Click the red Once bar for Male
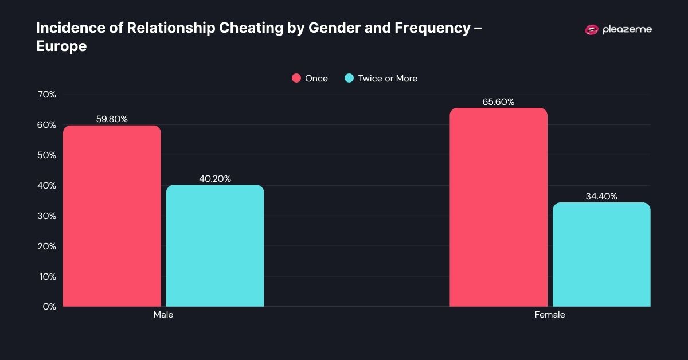click(112, 216)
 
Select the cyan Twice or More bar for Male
click(215, 246)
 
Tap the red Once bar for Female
click(498, 207)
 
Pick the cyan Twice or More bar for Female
click(601, 255)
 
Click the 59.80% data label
click(112, 119)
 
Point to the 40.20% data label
click(215, 179)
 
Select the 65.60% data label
click(498, 102)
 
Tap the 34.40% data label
click(601, 197)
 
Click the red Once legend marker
click(296, 79)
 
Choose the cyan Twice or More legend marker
click(349, 79)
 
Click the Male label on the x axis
click(163, 315)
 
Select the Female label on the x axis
click(550, 315)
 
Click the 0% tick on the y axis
click(49, 307)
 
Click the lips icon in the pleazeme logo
click(591, 30)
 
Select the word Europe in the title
click(61, 46)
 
